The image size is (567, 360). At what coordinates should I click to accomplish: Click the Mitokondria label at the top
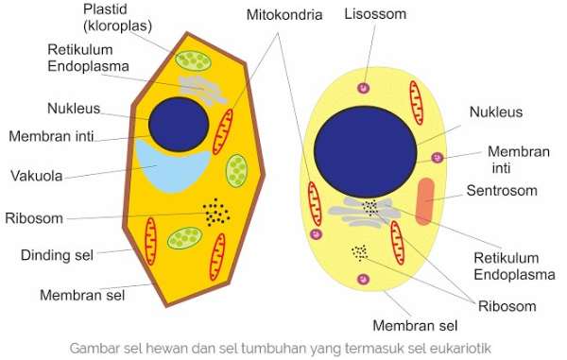coord(283,16)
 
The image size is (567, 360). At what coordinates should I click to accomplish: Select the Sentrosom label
coord(502,191)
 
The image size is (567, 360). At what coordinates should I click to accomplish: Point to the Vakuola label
coord(38,175)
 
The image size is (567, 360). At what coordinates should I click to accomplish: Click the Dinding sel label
coord(57,255)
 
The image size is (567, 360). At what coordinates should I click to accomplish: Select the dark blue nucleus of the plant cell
coord(179,125)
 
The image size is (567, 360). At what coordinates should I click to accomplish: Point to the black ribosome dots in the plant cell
coord(216,214)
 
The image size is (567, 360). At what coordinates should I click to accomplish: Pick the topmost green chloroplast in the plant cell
coord(196,62)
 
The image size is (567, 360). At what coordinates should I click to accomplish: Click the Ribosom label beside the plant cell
coord(34,217)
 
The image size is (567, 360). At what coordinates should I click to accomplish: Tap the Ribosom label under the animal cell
coord(507,305)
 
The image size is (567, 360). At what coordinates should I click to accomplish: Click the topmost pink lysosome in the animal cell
coord(361,88)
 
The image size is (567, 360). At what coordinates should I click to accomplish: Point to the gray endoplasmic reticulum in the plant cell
coord(203,90)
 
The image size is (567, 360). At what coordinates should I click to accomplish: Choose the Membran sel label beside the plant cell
coord(83,294)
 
